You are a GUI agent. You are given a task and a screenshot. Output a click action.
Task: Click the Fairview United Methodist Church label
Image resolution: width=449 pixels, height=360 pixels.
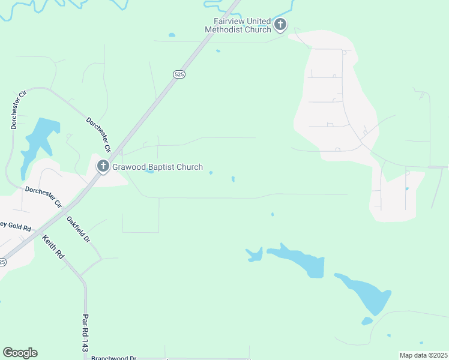click(238, 25)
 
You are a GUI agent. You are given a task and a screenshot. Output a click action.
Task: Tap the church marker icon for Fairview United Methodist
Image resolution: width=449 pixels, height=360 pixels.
click(280, 25)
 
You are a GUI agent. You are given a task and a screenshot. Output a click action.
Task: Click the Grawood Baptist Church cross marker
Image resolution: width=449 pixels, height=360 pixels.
click(103, 166)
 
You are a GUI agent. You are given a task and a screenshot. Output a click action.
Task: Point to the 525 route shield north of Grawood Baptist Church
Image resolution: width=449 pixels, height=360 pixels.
click(178, 74)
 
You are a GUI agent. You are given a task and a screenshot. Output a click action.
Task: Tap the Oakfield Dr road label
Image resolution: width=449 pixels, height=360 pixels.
click(78, 229)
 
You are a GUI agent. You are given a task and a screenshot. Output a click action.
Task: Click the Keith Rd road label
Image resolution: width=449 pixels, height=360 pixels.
click(53, 247)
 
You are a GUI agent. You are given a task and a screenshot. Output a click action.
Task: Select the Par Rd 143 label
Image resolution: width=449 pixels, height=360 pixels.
click(85, 333)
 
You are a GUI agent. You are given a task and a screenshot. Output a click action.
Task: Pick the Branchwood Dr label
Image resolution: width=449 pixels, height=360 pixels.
click(114, 358)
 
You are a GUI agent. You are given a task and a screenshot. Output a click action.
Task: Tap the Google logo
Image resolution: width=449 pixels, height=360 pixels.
click(20, 353)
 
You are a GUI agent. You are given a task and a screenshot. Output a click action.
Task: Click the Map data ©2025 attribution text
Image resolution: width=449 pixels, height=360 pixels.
click(423, 355)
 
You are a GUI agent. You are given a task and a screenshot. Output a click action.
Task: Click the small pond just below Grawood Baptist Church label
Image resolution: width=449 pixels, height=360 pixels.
click(149, 172)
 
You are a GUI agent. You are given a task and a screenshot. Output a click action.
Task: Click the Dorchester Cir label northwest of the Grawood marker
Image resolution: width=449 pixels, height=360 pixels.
click(98, 134)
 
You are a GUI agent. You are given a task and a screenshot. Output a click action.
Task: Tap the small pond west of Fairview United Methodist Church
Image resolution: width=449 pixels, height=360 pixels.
click(172, 35)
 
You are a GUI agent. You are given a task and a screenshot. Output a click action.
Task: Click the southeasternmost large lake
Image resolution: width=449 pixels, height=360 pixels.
click(366, 294)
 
